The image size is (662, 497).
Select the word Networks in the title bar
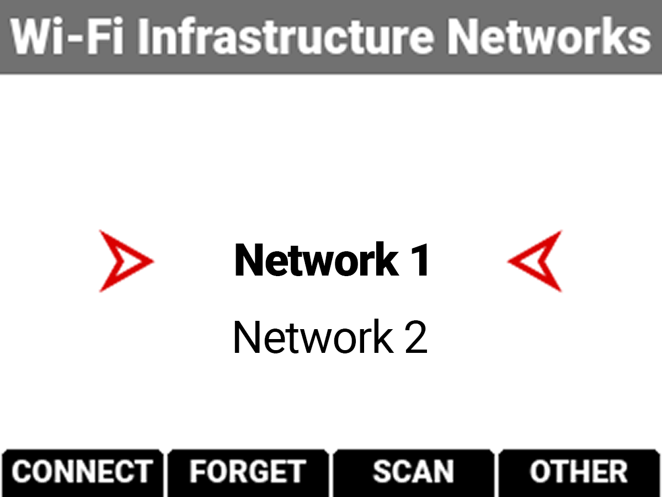coord(548,37)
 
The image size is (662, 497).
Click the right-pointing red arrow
coord(125,261)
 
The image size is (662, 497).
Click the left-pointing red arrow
coord(536,261)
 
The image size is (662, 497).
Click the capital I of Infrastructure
coord(144,37)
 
